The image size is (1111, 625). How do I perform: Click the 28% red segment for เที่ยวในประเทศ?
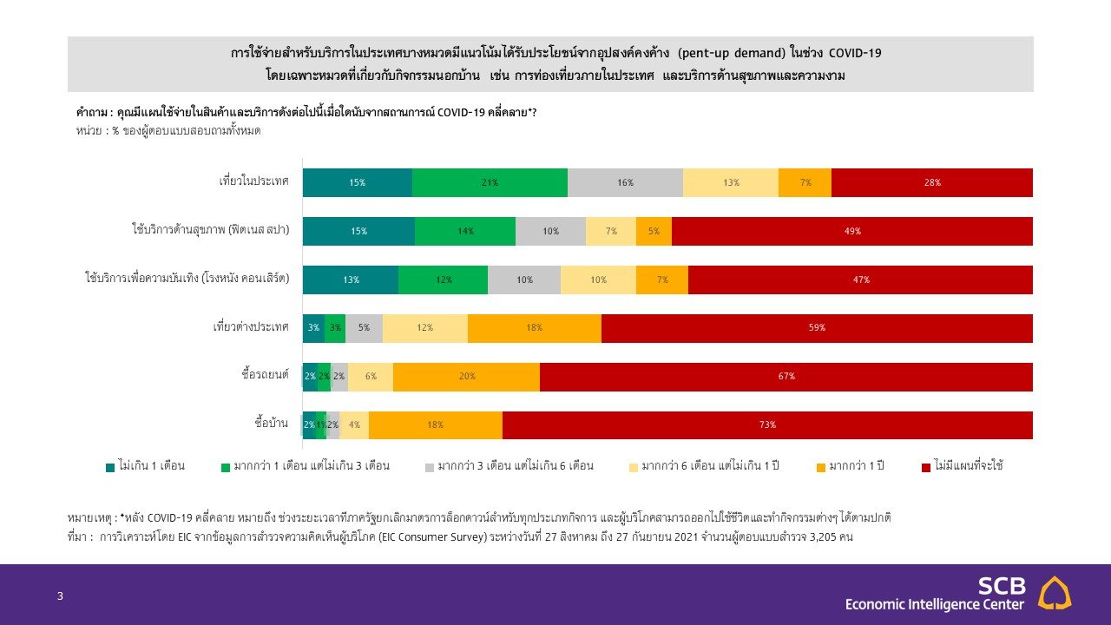(x=931, y=183)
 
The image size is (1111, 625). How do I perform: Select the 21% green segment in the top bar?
(x=490, y=183)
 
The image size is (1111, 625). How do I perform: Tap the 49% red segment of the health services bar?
(x=851, y=232)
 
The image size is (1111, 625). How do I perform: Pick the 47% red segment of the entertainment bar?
(x=860, y=280)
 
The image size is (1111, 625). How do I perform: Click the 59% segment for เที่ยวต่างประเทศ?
(x=817, y=328)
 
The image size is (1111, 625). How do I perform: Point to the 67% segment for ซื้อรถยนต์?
(x=786, y=377)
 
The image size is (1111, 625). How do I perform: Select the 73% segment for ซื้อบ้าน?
(x=767, y=425)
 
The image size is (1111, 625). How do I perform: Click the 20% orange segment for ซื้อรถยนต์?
(x=466, y=377)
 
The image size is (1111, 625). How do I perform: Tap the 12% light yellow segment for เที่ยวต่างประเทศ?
(x=424, y=328)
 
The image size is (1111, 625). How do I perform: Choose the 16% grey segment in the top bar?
(x=625, y=183)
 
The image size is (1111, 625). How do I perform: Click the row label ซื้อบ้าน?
(x=272, y=424)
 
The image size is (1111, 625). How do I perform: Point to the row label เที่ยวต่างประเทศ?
(x=251, y=327)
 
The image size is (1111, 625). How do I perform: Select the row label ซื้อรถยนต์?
(x=265, y=375)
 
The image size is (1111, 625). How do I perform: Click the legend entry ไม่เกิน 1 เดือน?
(x=151, y=466)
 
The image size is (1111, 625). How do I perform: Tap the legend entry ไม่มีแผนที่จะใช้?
(x=968, y=466)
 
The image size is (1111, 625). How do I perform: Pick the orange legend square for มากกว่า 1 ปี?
(x=820, y=467)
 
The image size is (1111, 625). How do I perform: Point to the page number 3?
(x=60, y=596)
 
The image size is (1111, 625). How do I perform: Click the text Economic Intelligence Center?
(x=935, y=604)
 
